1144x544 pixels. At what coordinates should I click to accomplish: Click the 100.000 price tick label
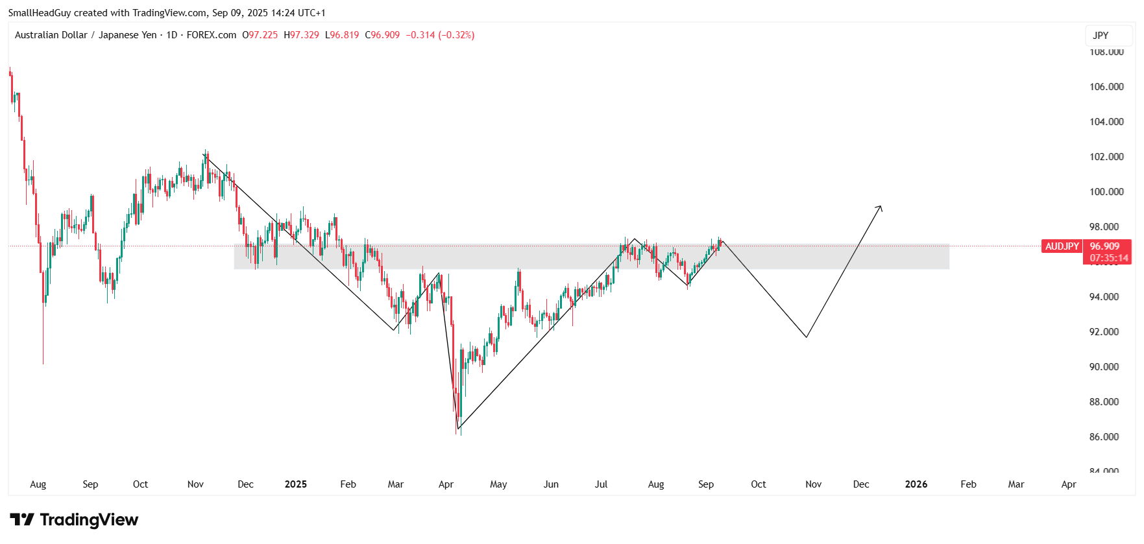(x=1106, y=192)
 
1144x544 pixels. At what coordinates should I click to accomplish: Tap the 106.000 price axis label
(x=1106, y=87)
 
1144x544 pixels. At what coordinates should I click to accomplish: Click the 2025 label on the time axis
(x=296, y=484)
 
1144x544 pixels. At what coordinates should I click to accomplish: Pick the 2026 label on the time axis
(x=916, y=484)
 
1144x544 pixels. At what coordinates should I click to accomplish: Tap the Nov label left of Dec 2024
(x=195, y=484)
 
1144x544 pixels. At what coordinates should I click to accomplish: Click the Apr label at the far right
(x=1069, y=484)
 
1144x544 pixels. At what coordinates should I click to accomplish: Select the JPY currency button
(x=1101, y=36)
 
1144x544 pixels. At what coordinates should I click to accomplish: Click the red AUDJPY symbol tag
(x=1062, y=246)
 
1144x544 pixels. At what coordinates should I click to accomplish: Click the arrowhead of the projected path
(x=881, y=207)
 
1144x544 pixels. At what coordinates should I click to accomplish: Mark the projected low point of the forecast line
(x=806, y=337)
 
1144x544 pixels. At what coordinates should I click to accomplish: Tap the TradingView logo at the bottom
(x=74, y=519)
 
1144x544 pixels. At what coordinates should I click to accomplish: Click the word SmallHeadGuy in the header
(x=39, y=13)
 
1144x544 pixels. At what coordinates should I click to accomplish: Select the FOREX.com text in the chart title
(x=212, y=35)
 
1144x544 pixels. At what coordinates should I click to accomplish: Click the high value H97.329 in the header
(x=302, y=35)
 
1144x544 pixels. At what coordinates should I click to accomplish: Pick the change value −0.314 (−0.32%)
(x=440, y=35)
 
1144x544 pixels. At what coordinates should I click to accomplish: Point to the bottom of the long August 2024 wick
(x=43, y=364)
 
